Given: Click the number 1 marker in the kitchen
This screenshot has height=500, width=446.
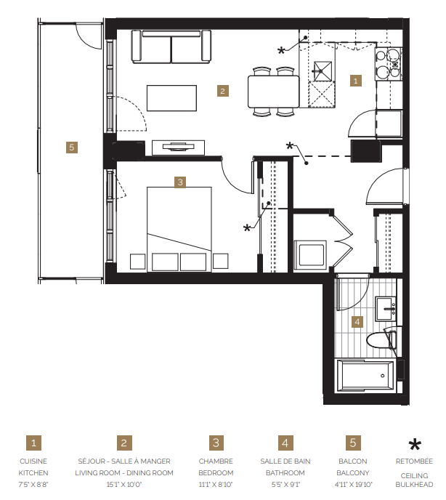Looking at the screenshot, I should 355,81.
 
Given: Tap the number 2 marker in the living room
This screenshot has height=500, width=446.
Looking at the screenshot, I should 223,91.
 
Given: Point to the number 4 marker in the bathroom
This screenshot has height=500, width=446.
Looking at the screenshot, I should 357,321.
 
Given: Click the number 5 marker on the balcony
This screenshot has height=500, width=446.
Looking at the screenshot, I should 71,148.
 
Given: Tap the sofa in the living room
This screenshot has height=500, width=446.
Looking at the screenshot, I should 171,47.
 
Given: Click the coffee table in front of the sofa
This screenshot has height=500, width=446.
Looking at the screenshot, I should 171,98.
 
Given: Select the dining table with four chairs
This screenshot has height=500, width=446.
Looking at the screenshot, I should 273,92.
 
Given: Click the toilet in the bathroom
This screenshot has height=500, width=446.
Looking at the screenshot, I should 382,339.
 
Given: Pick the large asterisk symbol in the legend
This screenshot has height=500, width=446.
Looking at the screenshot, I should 415,446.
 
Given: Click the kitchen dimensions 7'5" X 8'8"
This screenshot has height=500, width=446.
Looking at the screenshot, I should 33,484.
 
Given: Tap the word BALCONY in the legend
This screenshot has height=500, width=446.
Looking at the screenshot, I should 353,472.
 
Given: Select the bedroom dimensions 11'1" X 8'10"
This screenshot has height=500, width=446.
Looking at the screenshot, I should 216,484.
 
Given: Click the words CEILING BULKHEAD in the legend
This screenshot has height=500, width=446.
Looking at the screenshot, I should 415,478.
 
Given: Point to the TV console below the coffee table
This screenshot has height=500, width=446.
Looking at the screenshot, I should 178,146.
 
